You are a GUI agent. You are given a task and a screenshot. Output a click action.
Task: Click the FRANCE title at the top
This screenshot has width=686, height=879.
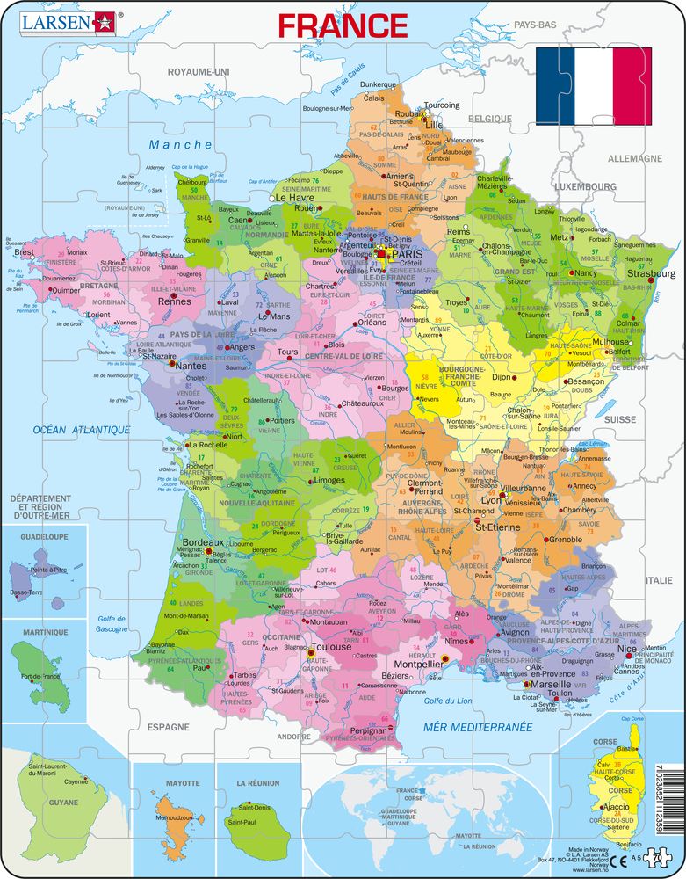click(343, 25)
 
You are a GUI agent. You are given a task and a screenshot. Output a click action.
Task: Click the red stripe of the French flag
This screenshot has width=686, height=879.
click(632, 86)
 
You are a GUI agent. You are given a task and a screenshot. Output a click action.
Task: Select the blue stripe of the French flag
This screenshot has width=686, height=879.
click(554, 86)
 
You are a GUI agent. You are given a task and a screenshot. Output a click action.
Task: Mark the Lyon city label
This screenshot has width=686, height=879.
click(490, 499)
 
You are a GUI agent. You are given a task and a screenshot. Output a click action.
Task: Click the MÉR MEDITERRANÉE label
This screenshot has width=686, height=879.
click(478, 727)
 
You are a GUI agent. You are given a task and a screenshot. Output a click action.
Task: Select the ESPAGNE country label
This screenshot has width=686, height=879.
click(167, 727)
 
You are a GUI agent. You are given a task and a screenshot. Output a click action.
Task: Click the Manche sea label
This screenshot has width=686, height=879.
click(180, 144)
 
